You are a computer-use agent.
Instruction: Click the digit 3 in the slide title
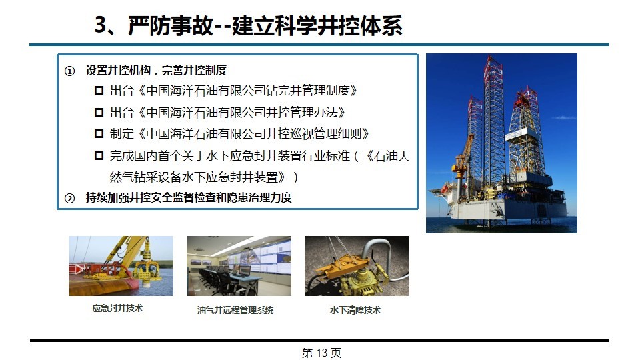pyautogui.click(x=101, y=25)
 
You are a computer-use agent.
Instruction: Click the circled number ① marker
pyautogui.click(x=70, y=71)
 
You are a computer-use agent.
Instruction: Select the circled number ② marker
pyautogui.click(x=70, y=199)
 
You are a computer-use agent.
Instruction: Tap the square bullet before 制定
pyautogui.click(x=99, y=133)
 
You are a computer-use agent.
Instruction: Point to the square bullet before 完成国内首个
pyautogui.click(x=99, y=155)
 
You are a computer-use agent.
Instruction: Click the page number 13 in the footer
pyautogui.click(x=321, y=353)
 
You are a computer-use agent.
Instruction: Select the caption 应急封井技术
pyautogui.click(x=117, y=309)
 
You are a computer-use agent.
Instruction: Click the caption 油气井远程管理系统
pyautogui.click(x=235, y=310)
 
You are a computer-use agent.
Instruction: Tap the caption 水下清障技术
pyautogui.click(x=355, y=310)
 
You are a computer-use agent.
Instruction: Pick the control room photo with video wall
pyautogui.click(x=239, y=266)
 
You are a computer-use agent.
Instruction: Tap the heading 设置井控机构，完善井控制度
pyautogui.click(x=156, y=70)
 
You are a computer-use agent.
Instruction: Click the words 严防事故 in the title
pyautogui.click(x=171, y=25)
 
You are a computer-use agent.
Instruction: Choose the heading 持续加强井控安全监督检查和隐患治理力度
pyautogui.click(x=189, y=197)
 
